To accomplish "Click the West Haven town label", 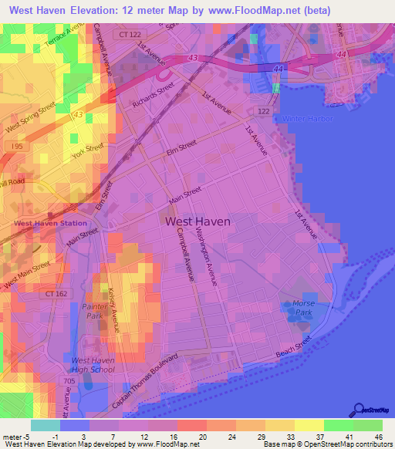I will click(197, 221).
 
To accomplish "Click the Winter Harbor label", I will click(307, 119).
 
